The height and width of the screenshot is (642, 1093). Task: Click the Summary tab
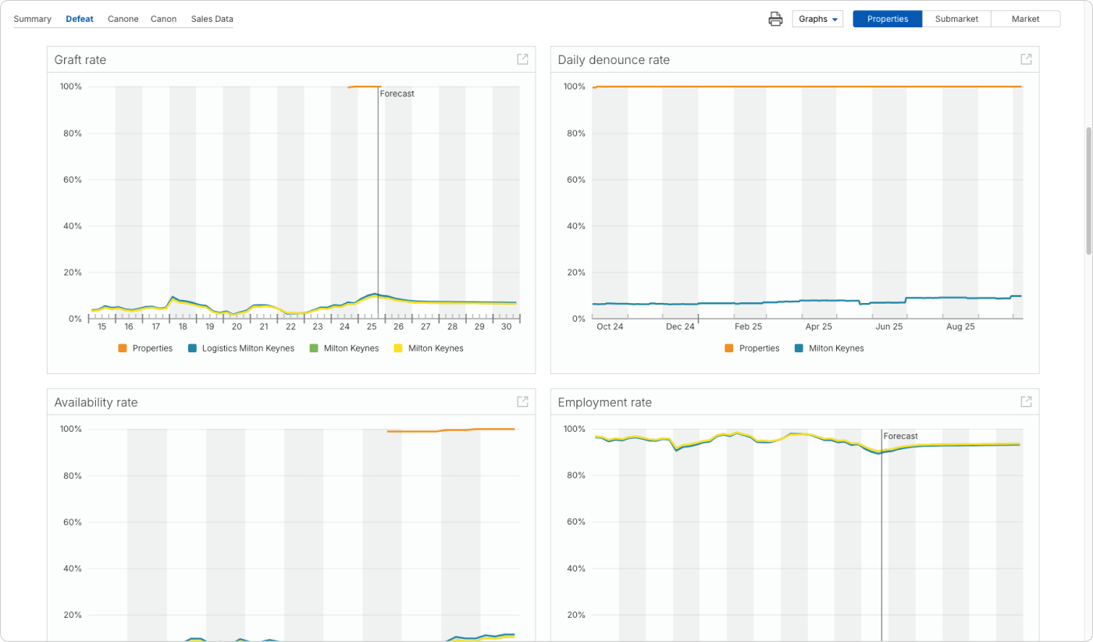tap(32, 19)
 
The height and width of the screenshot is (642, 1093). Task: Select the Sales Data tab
tap(212, 19)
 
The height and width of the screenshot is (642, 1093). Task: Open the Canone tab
tap(123, 19)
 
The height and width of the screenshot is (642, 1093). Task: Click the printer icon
tap(775, 19)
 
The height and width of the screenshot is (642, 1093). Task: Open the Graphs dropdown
tap(817, 19)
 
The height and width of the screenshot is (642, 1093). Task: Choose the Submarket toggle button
tap(956, 19)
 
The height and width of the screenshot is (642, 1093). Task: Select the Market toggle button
tap(1025, 19)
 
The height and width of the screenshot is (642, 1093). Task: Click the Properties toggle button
tap(887, 19)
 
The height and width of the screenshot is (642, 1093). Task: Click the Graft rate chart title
tap(80, 60)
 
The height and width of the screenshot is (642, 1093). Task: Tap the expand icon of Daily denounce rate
tap(1026, 59)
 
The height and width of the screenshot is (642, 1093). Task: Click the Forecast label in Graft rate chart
tap(397, 94)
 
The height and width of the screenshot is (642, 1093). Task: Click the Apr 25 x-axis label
tap(818, 326)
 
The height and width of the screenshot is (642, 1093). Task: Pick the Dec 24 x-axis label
tap(680, 326)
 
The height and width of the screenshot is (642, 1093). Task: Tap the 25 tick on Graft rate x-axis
tap(372, 326)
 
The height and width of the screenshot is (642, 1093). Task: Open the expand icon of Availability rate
tap(522, 401)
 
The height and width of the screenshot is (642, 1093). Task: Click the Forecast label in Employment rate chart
tap(900, 437)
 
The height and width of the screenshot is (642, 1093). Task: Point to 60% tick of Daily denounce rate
tap(575, 180)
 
